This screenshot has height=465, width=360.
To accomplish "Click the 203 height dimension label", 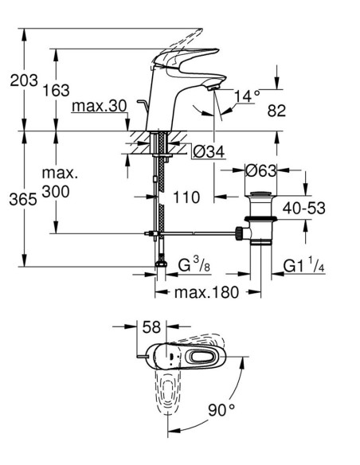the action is click(24, 80).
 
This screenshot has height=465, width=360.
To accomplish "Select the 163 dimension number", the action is click(57, 90).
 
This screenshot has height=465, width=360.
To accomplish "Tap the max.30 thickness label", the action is click(100, 106).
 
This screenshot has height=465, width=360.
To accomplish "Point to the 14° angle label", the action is click(247, 96).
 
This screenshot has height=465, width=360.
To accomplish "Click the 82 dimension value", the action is click(276, 111).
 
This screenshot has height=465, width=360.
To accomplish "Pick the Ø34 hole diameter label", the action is click(209, 152).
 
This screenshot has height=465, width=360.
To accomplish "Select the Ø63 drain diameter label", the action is click(260, 170).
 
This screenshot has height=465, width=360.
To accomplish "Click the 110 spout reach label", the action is click(186, 197).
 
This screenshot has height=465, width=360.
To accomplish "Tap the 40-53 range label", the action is click(304, 208).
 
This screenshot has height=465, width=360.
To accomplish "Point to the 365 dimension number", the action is click(23, 199).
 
